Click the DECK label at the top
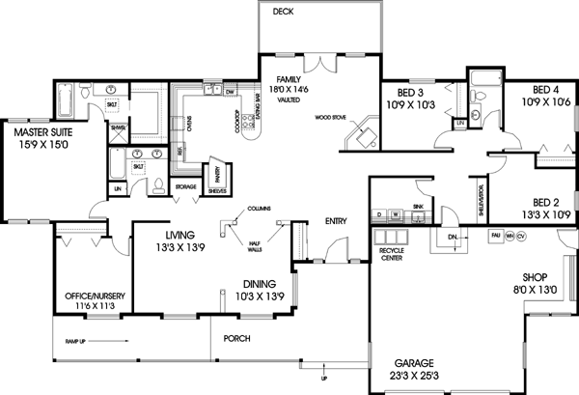[x=283, y=12]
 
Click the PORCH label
[x=236, y=339]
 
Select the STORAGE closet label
[x=185, y=185]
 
